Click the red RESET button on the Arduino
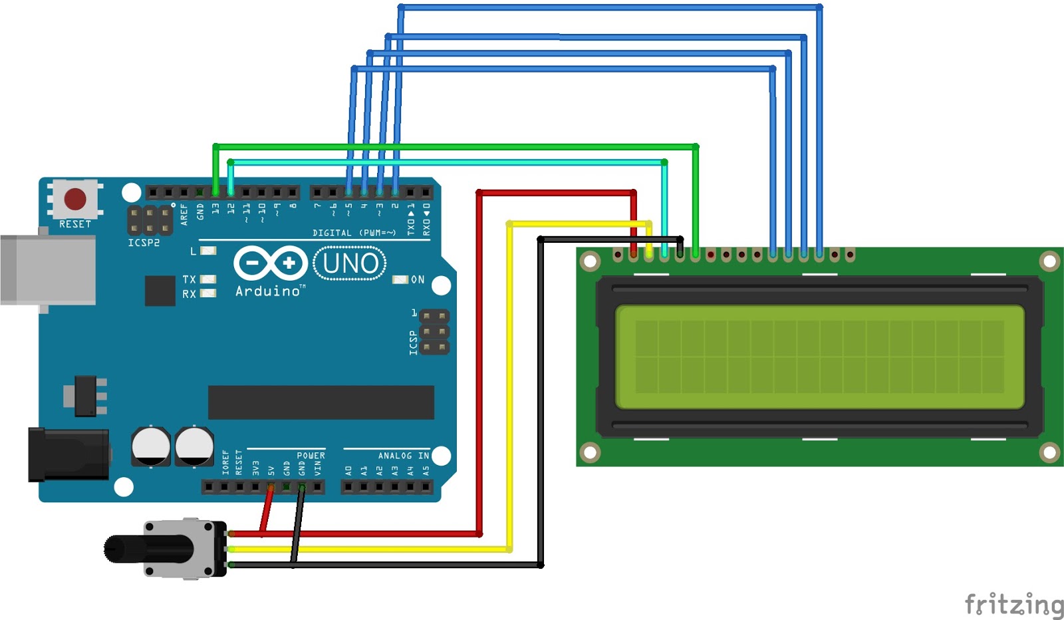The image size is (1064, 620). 75,199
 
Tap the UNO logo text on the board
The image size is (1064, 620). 350,263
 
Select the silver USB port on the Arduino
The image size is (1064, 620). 47,270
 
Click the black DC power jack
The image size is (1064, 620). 69,454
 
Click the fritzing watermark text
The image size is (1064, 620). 1014,604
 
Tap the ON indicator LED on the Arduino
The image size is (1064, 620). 400,279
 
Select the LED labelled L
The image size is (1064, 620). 208,250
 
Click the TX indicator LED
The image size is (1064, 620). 208,279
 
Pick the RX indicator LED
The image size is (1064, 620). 208,293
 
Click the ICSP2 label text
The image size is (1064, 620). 144,243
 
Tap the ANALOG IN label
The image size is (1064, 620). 404,456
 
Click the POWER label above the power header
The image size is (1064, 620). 311,456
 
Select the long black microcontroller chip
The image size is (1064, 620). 321,402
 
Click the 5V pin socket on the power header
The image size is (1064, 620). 271,487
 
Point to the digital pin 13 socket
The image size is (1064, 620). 215,192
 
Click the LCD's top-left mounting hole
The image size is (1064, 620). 590,261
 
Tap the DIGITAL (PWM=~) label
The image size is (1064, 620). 354,233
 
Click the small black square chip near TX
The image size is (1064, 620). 160,291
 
